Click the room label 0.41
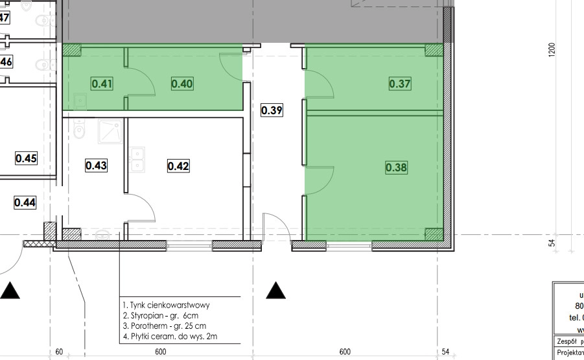pos(102,84)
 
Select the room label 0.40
pos(182,84)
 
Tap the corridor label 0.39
pos(272,110)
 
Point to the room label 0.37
pos(400,84)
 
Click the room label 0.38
pos(396,167)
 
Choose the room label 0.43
pos(96,165)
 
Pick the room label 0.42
pos(178,165)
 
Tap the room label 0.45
pos(26,158)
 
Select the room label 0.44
pos(25,202)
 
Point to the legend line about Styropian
pos(163,315)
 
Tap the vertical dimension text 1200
pos(552,51)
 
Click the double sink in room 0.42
pos(137,160)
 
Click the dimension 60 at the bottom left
pos(59,352)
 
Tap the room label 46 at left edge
pos(6,62)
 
